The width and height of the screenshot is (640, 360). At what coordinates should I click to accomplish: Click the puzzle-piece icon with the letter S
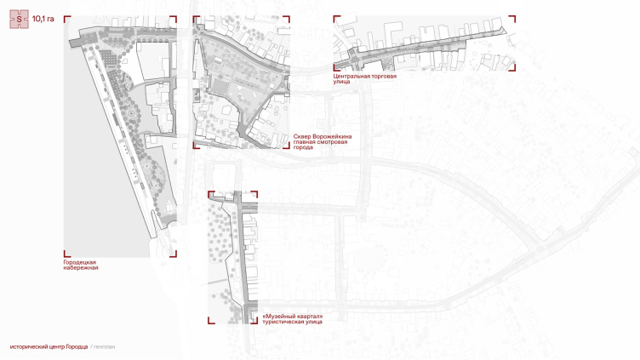click(x=20, y=20)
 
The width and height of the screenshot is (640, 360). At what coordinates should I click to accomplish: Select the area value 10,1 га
click(x=43, y=19)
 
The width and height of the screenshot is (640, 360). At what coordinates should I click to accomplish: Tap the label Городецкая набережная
click(x=81, y=265)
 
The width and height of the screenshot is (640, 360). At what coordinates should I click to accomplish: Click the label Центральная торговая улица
click(x=364, y=79)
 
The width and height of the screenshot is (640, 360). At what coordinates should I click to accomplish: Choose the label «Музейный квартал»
click(x=293, y=317)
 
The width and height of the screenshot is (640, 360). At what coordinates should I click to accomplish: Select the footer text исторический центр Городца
click(x=49, y=346)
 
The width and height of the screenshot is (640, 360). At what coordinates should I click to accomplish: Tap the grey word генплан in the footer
click(x=104, y=346)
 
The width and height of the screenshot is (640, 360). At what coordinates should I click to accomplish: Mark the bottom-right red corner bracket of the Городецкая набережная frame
click(x=174, y=254)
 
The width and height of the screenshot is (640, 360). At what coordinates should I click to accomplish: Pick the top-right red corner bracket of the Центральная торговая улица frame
click(x=513, y=18)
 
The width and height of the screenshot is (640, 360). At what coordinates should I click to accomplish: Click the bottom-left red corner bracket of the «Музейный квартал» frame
click(x=210, y=322)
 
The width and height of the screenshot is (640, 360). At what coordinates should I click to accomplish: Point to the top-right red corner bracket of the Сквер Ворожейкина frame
click(x=288, y=18)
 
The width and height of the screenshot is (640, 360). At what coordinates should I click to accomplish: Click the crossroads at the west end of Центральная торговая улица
click(x=354, y=57)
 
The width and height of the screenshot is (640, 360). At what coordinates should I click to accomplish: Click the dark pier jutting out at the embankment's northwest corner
click(x=77, y=42)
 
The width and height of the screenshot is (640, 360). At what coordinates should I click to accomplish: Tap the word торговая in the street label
click(x=382, y=77)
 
